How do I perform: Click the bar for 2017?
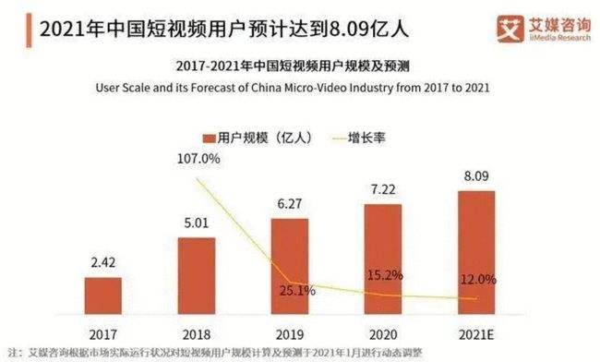102,296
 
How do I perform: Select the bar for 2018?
196,275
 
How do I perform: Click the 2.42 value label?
102,263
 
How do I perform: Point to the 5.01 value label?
196,223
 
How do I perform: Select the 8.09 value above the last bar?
475,176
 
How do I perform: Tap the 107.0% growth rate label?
198,159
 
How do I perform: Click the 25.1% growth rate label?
296,291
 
